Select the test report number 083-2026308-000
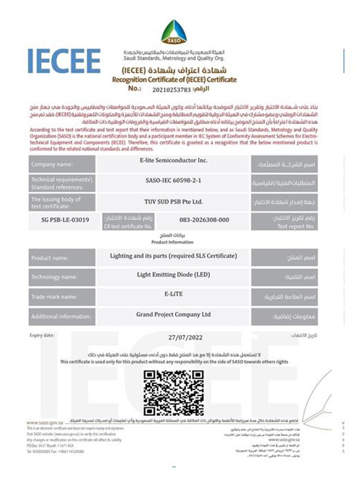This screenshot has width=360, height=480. pyautogui.click(x=204, y=220)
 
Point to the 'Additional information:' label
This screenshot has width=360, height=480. pyautogui.click(x=59, y=316)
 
